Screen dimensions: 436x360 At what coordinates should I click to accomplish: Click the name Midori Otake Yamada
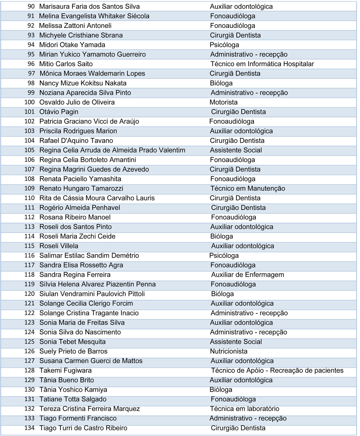[x=72, y=45]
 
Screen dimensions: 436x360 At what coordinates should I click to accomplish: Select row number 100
[x=30, y=102]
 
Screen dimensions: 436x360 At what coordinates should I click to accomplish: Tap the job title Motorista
[x=224, y=102]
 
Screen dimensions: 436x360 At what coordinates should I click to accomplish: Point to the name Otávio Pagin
[x=59, y=112]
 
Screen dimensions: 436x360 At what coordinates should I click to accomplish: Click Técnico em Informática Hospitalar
[x=262, y=64]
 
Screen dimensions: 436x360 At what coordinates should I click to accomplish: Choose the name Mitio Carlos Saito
[x=66, y=64]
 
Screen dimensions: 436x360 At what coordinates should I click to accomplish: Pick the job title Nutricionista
[x=229, y=351]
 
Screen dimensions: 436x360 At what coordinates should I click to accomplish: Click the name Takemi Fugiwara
[x=66, y=370]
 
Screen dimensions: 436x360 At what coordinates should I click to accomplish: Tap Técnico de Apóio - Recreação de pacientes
[x=277, y=370]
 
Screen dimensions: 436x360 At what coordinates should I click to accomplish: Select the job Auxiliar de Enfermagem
[x=247, y=275]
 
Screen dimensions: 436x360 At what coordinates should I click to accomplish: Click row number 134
[x=30, y=428]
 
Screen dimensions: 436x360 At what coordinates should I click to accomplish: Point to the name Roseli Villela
[x=59, y=246]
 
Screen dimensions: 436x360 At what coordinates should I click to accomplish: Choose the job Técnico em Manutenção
[x=248, y=188]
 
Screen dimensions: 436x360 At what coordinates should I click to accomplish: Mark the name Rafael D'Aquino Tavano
[x=76, y=141]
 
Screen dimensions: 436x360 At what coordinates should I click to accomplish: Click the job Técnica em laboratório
[x=244, y=409]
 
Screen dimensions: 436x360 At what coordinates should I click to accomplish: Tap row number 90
[x=31, y=7]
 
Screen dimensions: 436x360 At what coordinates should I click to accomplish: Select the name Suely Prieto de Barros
[x=73, y=351]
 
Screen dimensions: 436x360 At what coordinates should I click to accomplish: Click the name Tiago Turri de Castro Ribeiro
[x=83, y=428]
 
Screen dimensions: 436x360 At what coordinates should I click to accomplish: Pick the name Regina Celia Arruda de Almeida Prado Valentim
[x=112, y=150]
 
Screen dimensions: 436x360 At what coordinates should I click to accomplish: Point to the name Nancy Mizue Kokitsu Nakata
[x=83, y=83]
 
